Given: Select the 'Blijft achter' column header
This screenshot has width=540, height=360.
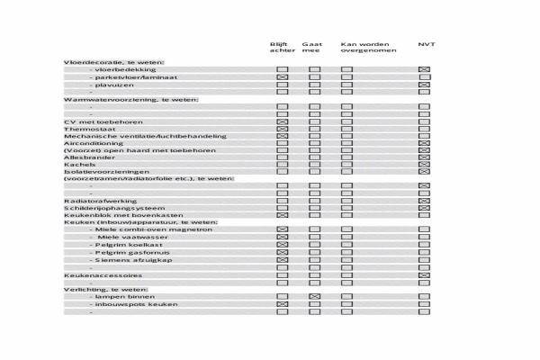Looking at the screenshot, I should coord(282,48).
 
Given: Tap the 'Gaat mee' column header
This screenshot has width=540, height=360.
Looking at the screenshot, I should coord(312,48).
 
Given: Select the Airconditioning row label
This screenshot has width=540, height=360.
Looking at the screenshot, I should coord(94,142).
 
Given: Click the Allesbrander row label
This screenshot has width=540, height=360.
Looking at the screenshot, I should coord(86,157).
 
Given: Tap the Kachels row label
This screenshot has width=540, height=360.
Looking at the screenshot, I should coord(78,165).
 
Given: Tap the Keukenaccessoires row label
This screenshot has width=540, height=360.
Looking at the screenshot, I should coord(103,274).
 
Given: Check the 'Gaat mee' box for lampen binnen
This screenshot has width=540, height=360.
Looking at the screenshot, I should coord(315,296).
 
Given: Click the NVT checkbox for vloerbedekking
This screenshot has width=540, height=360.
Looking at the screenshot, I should coord(424,69).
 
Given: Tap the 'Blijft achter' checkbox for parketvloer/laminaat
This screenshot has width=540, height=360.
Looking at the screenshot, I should coord(282,77).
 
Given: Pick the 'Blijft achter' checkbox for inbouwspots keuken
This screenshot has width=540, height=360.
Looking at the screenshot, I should coord(282,304).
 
